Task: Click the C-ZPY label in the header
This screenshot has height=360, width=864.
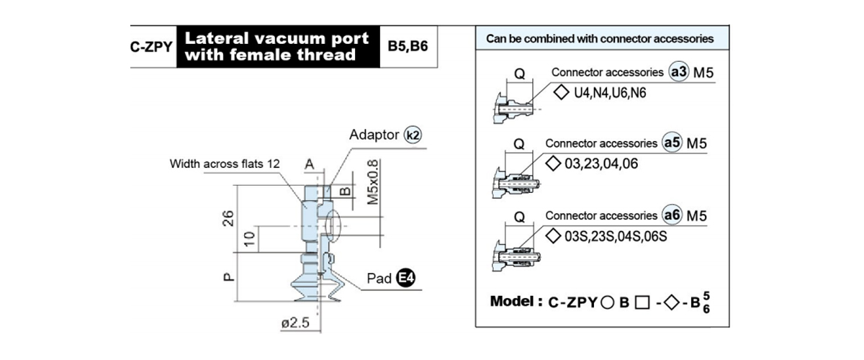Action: [151, 47]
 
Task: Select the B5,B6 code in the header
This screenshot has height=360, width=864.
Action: [408, 46]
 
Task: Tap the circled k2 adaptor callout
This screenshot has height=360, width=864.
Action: [413, 135]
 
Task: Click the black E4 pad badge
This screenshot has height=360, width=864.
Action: [406, 277]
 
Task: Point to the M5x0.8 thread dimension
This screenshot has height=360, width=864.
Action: [373, 181]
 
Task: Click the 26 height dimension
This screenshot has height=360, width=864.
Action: [228, 218]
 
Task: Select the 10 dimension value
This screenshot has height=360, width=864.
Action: [250, 239]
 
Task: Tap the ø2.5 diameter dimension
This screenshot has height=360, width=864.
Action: [295, 323]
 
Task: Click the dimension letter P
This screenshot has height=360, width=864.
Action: [229, 277]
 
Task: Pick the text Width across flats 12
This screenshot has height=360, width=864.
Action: [225, 163]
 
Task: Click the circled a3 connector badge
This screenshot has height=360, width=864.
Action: [678, 72]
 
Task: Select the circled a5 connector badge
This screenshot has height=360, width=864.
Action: [672, 143]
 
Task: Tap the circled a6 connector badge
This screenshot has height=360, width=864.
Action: [672, 215]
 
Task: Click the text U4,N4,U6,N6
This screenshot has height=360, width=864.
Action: [610, 93]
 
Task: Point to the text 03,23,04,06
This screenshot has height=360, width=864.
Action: [601, 163]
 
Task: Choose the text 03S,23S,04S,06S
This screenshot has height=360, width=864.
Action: [616, 236]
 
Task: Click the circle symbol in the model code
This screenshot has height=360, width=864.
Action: [607, 302]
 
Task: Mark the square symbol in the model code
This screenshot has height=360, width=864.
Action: [642, 302]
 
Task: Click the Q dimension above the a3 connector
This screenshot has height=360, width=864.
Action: [520, 73]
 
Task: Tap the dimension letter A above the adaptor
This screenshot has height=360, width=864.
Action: [310, 164]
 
